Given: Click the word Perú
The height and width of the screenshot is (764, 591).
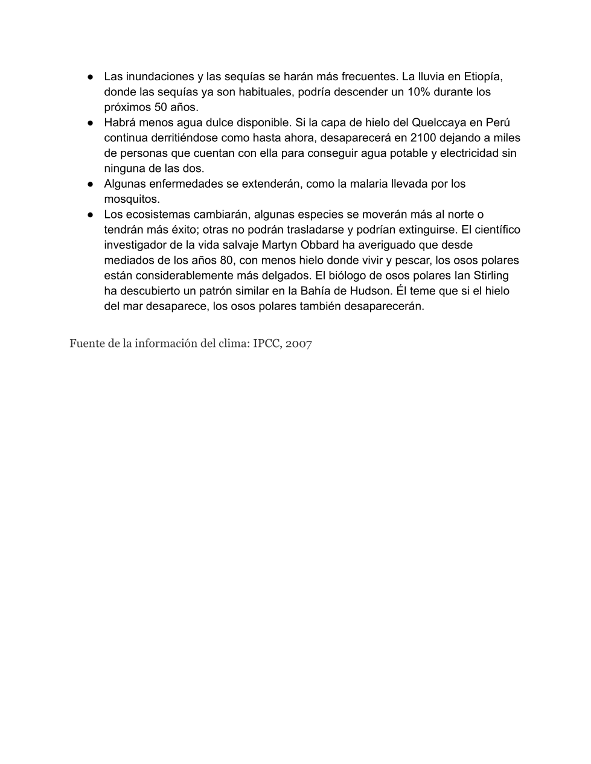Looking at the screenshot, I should pyautogui.click(x=497, y=123).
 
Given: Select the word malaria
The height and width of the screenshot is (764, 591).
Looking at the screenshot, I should pyautogui.click(x=366, y=183).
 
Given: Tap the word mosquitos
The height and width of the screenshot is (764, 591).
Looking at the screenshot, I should pyautogui.click(x=132, y=199).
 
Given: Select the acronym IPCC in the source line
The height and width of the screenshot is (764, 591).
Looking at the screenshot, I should pyautogui.click(x=266, y=344).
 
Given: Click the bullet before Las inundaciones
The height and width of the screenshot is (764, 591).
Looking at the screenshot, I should pyautogui.click(x=89, y=77).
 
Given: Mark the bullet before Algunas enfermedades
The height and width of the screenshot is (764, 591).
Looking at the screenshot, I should pyautogui.click(x=89, y=184).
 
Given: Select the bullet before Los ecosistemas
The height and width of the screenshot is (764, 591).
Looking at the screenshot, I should pyautogui.click(x=89, y=215).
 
